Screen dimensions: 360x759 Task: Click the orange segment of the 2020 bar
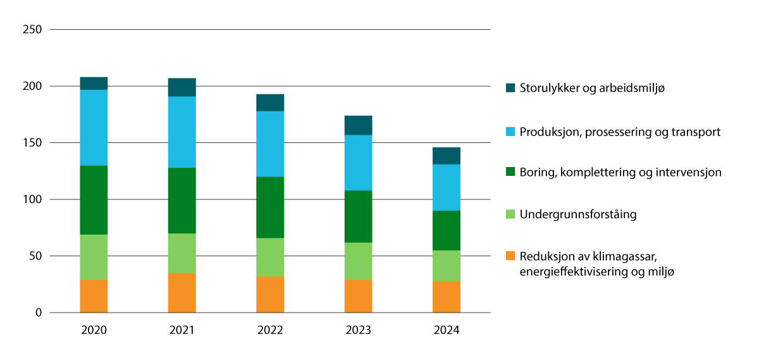94,296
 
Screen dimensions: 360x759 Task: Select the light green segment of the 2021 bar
182,253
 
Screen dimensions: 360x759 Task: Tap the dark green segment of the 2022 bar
270,207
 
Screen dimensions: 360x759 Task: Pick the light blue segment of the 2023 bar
358,163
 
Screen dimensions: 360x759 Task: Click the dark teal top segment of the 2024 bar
447,156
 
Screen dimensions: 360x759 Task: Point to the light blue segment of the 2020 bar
94,127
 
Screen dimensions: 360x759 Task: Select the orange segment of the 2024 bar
447,297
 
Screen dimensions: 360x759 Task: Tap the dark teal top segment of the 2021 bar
182,87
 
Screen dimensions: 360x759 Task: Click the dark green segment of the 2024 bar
447,230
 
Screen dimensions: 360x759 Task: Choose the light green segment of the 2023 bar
358,261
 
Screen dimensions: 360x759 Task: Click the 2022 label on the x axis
270,331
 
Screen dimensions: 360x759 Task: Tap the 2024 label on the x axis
447,331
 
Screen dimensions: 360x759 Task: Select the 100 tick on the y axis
32,200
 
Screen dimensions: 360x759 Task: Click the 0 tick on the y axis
38,313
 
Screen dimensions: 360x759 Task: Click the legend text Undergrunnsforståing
577,214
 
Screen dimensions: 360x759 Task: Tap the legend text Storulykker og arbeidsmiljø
592,88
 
